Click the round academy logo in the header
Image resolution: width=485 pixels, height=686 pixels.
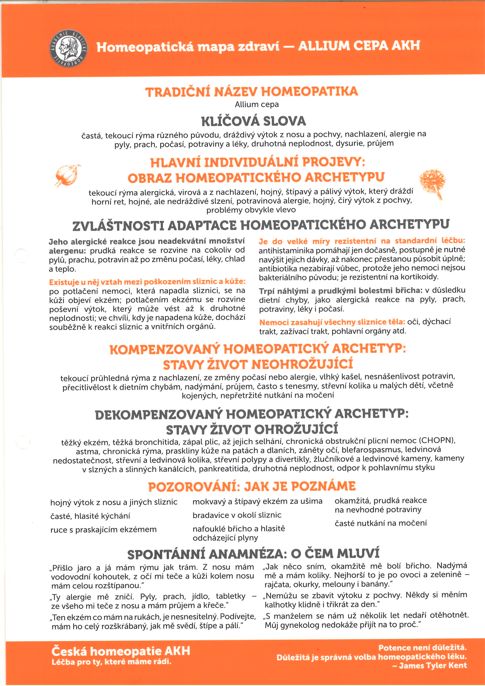pos(68,48)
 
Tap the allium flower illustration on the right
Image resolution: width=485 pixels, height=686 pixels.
pos(433,182)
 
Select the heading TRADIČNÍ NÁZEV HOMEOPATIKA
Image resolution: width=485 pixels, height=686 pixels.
pos(252,91)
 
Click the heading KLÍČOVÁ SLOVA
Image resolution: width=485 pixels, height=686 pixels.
pos(254,121)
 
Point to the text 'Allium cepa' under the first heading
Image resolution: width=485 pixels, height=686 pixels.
pos(256,105)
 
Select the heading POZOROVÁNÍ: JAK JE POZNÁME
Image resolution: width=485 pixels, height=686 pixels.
pos(252,487)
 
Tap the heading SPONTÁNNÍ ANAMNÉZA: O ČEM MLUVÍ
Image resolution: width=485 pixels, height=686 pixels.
pos(253,554)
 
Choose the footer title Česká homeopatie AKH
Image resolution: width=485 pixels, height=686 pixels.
pos(121,651)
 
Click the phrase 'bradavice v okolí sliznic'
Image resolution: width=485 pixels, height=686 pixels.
pos(237,515)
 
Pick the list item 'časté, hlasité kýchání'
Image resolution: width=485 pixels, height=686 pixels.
pos(90,516)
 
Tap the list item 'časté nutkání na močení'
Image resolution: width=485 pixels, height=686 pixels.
pos(380,523)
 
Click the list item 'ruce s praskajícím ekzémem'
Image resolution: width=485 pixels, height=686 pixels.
pos(103,529)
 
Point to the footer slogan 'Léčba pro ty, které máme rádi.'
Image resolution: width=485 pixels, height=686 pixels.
pos(111,662)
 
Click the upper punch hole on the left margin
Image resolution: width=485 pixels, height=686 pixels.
pos(21,256)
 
